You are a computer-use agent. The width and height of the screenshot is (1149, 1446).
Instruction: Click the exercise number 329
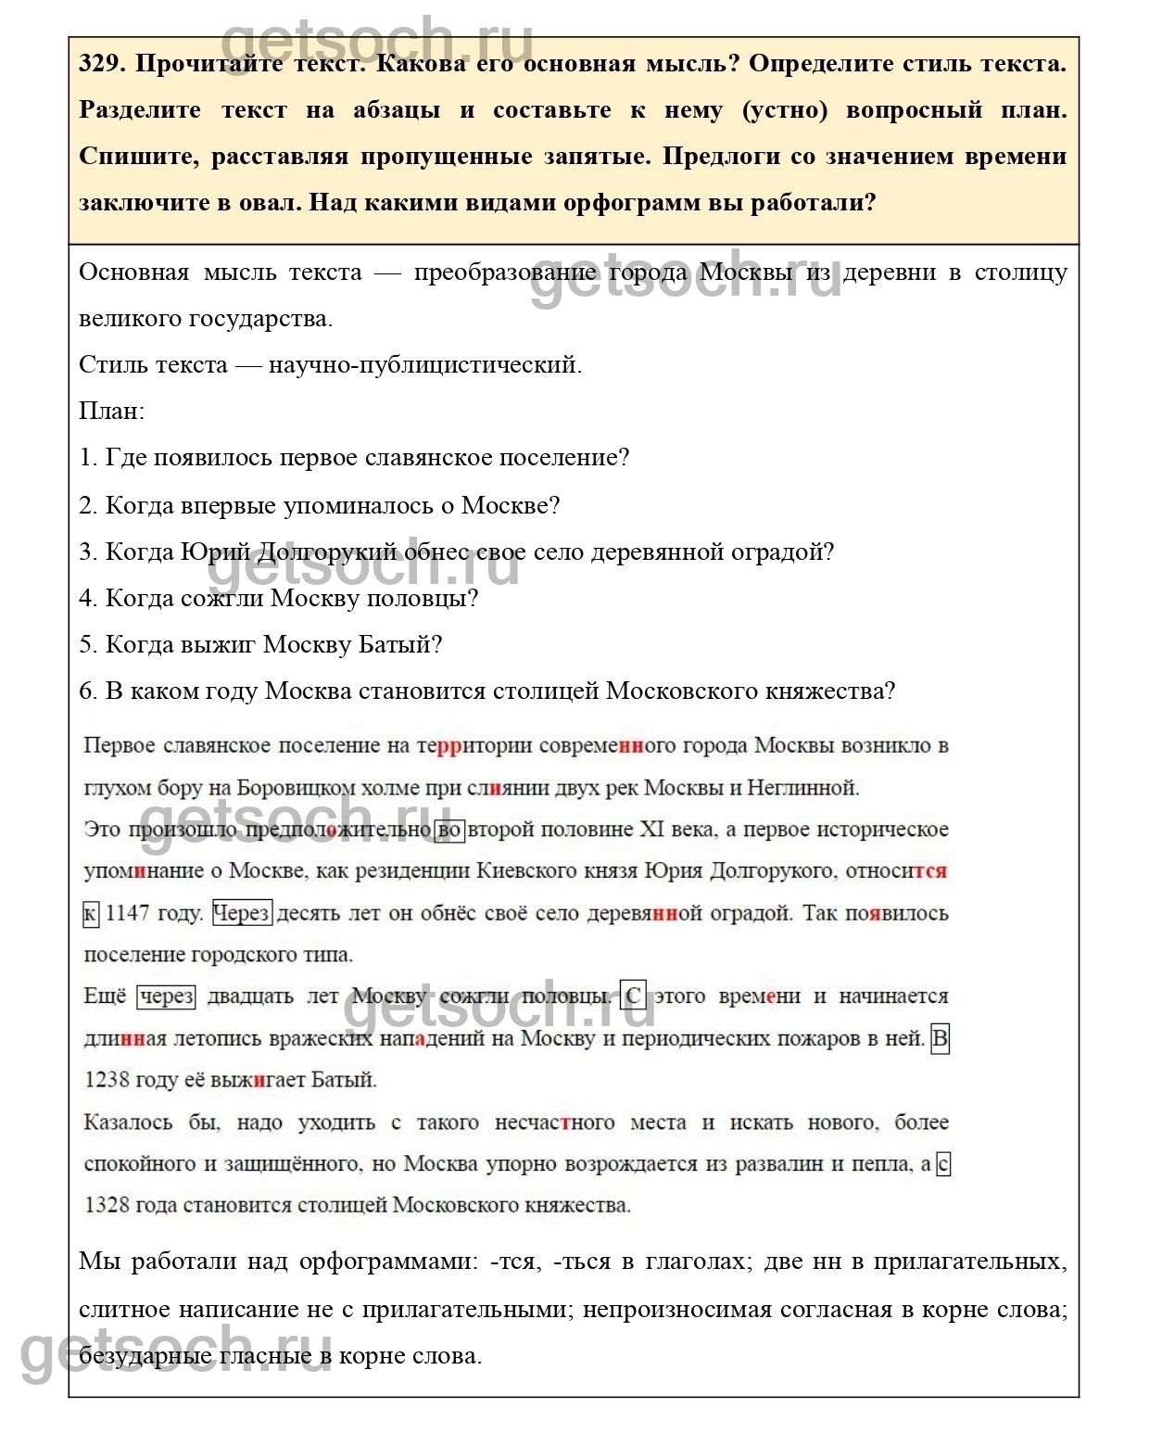click(101, 64)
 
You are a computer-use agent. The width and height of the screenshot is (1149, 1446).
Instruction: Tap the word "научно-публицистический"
click(423, 364)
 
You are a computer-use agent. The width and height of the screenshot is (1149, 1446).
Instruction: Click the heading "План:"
click(111, 411)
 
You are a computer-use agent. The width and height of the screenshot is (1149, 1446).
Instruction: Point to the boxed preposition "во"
click(449, 830)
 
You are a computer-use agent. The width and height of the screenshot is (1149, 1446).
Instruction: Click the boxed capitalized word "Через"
click(242, 913)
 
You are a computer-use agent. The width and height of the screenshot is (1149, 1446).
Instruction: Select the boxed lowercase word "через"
click(167, 996)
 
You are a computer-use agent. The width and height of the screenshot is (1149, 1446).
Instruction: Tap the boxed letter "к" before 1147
click(90, 914)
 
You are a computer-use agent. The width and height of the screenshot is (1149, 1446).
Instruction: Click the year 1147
click(128, 913)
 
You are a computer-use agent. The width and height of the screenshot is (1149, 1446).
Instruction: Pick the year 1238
click(107, 1080)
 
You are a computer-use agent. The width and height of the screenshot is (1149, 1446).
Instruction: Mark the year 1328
click(107, 1205)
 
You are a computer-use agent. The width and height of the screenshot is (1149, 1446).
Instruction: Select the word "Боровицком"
click(296, 788)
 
